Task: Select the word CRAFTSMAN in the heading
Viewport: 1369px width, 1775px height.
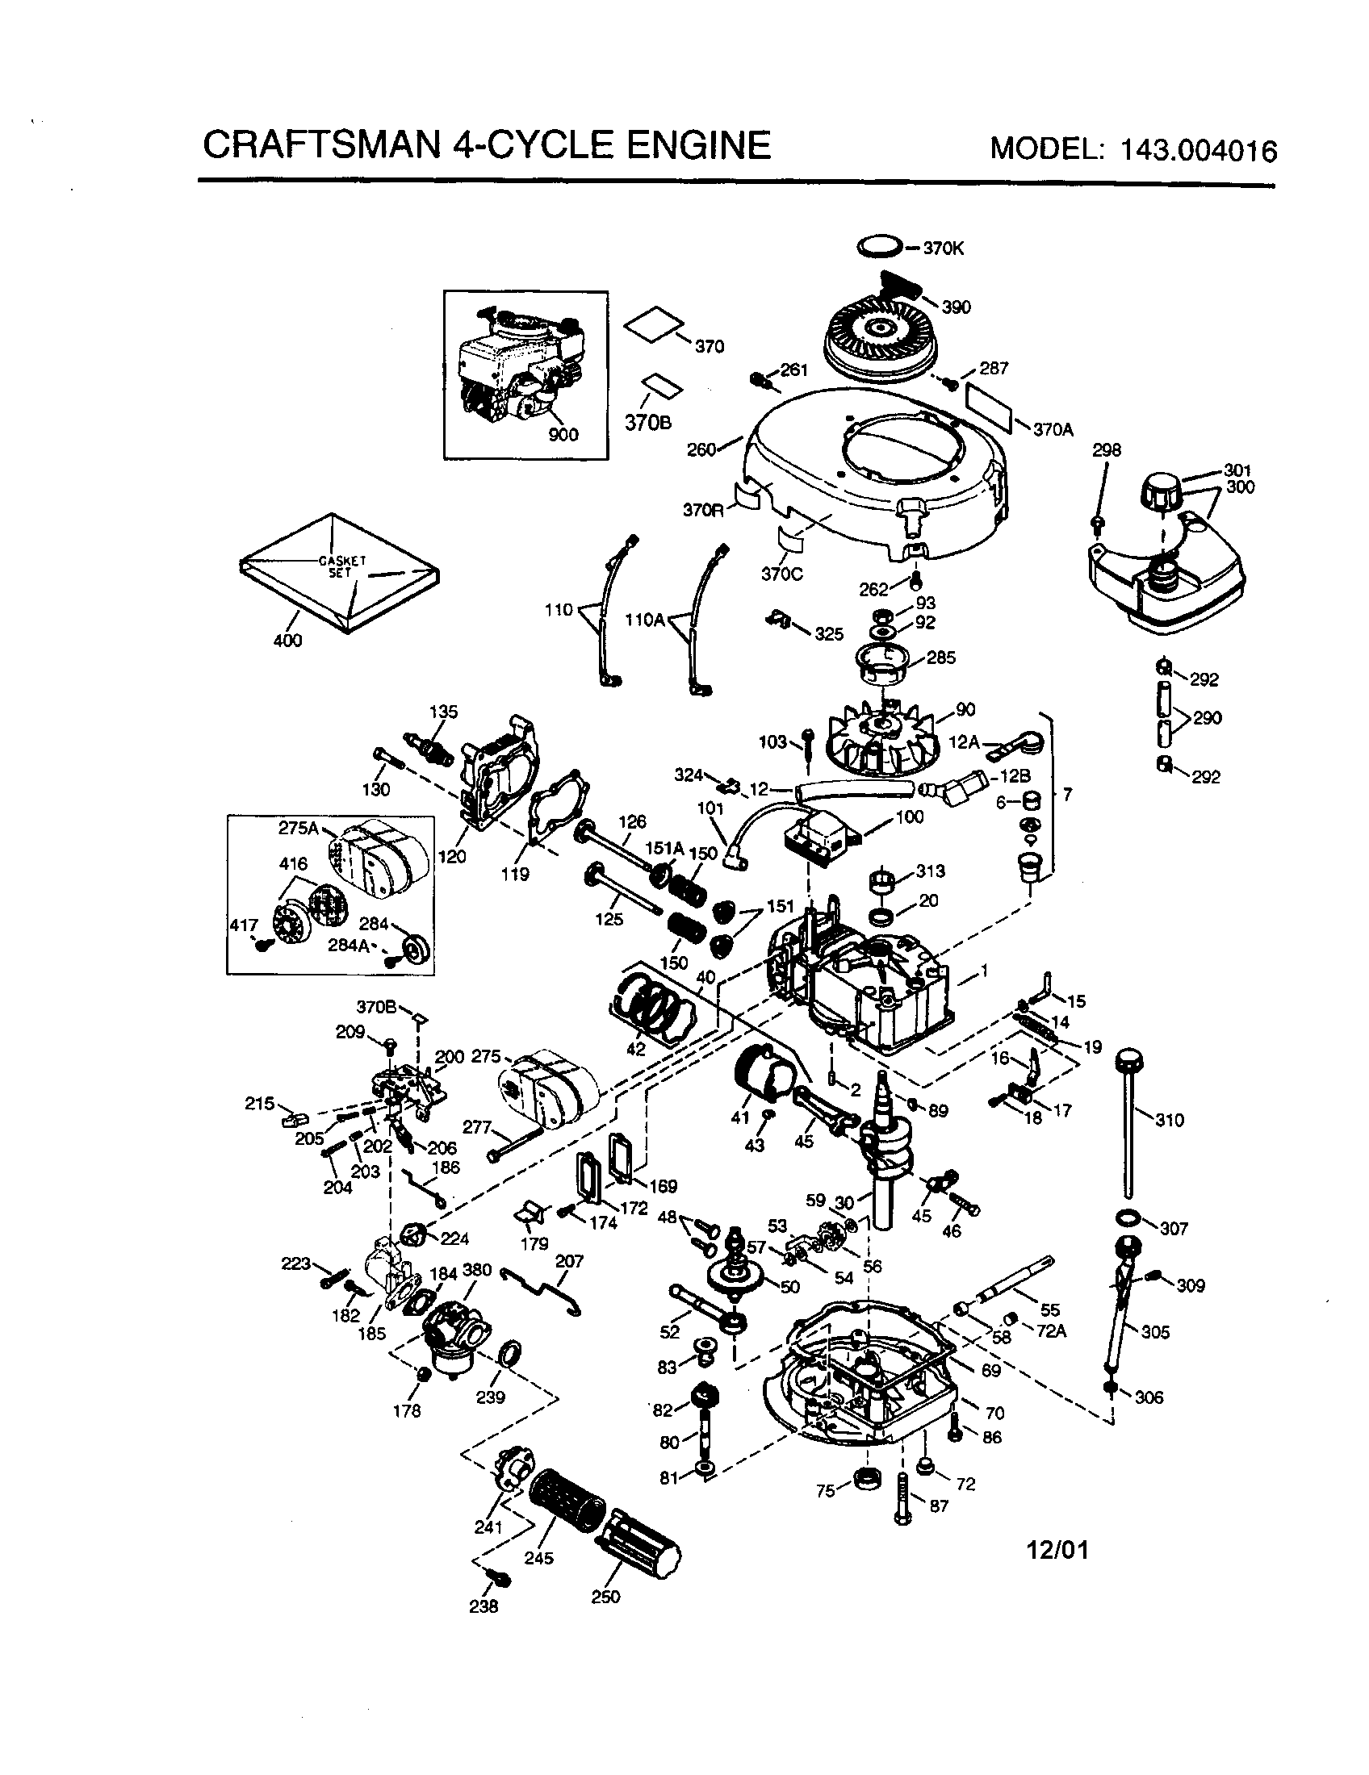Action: coord(322,145)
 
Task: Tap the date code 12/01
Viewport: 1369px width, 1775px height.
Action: coord(1057,1552)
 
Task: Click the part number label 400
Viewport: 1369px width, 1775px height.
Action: coord(288,641)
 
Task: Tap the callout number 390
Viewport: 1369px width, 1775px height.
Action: coord(956,307)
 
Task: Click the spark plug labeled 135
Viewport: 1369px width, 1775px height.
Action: coord(427,746)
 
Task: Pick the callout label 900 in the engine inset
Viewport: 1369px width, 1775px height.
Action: coord(563,435)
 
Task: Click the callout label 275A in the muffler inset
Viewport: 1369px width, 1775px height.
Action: coord(299,828)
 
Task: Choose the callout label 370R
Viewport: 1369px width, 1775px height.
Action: coord(703,510)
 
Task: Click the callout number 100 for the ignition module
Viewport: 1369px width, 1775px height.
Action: coord(909,816)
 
